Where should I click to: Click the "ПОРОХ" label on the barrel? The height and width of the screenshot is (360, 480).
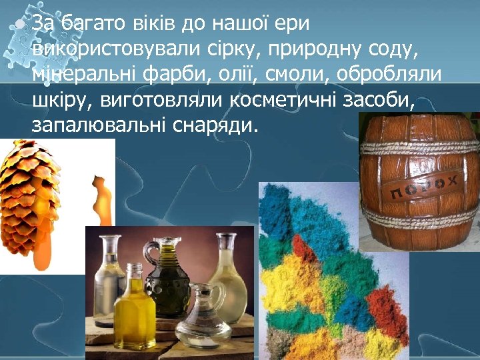[x=423, y=187]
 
